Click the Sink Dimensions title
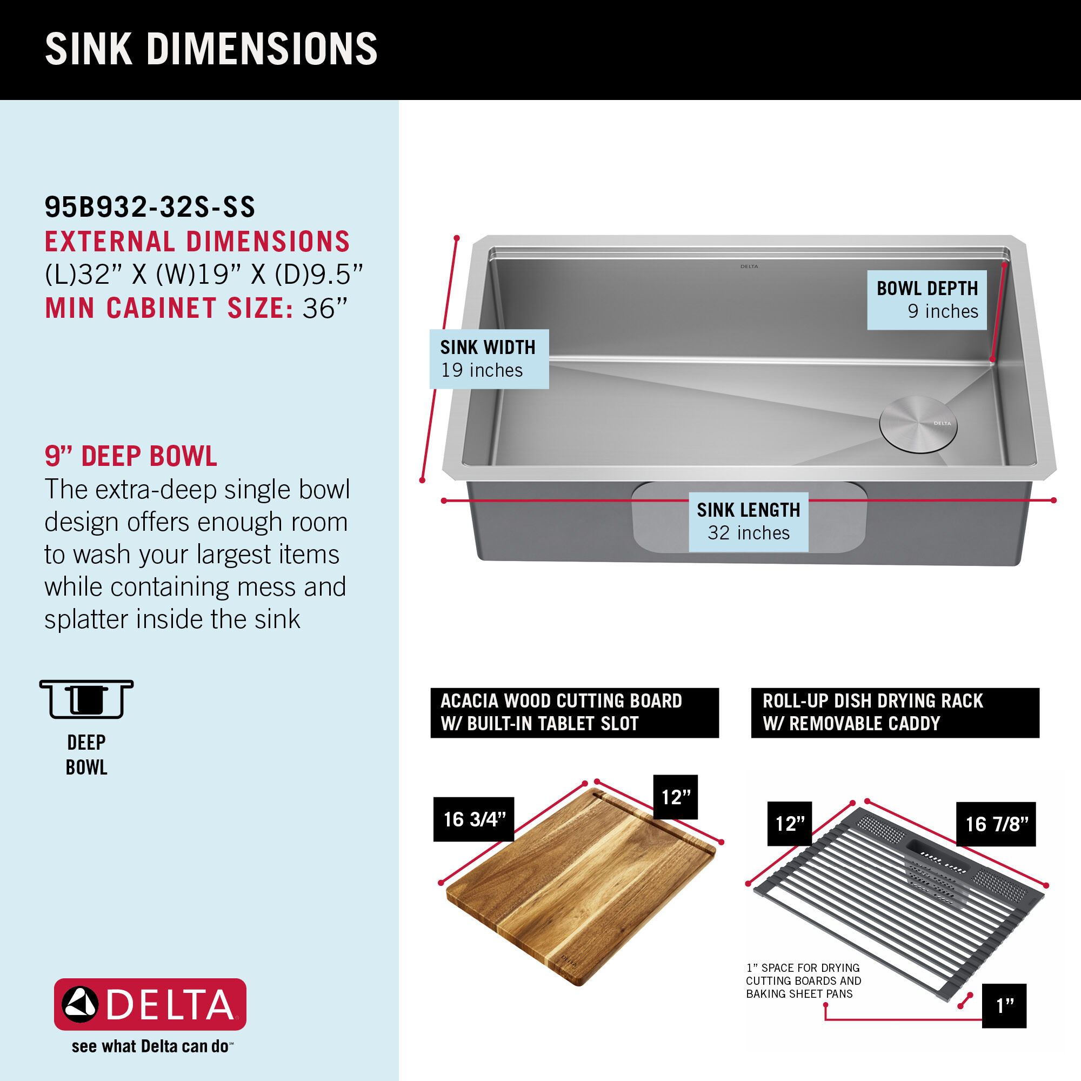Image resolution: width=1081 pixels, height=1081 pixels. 211,49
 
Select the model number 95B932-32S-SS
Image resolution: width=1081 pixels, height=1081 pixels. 150,207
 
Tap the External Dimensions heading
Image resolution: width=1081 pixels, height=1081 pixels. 197,242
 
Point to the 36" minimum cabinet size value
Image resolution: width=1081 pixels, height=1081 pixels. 325,308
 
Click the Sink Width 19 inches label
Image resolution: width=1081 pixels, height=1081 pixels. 489,359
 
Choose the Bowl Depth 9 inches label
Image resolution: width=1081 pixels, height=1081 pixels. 926,300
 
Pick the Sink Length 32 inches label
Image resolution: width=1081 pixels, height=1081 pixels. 748,522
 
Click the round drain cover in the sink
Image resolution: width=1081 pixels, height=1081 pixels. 918,424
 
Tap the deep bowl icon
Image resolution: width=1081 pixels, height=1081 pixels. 86,699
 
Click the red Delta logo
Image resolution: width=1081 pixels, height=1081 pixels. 150,1004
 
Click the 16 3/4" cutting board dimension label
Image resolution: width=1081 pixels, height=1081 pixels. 473,819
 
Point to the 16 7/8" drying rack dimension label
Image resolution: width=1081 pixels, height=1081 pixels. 996,824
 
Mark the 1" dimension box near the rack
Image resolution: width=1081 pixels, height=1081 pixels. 1004,1005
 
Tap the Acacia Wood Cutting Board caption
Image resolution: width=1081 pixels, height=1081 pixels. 574,712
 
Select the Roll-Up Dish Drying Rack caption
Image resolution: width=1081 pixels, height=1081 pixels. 895,712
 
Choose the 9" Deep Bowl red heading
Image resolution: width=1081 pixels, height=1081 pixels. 131,456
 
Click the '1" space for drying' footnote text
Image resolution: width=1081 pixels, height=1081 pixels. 804,980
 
